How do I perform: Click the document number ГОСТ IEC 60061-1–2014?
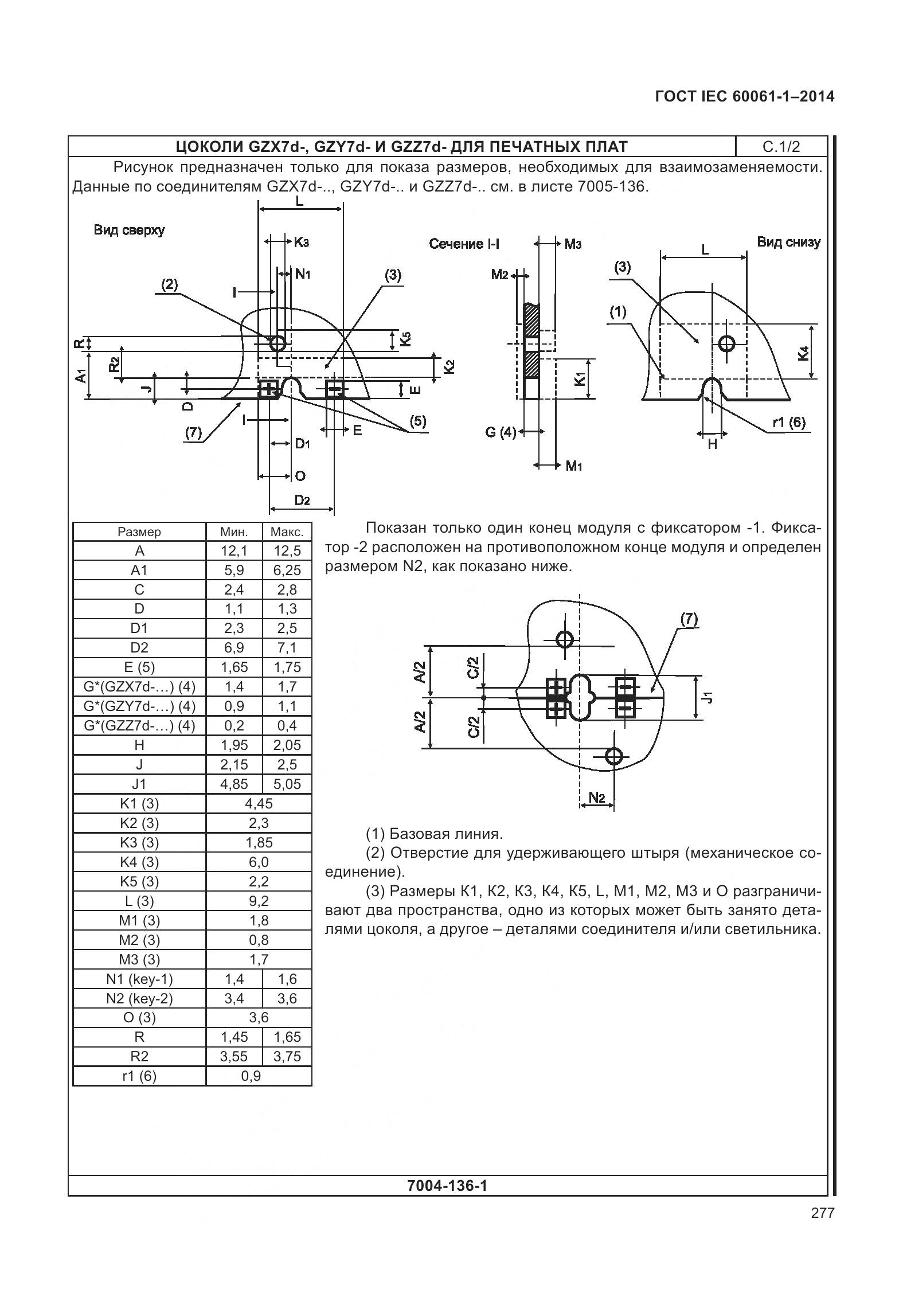pyautogui.click(x=744, y=96)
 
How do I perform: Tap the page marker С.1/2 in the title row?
pyautogui.click(x=781, y=147)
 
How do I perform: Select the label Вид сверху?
pyautogui.click(x=129, y=230)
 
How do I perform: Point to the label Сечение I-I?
pyautogui.click(x=464, y=244)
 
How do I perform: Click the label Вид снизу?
pyautogui.click(x=788, y=242)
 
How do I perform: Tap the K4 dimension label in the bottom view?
pyautogui.click(x=803, y=353)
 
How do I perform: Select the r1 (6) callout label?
pyautogui.click(x=789, y=423)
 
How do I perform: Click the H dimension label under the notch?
pyautogui.click(x=712, y=444)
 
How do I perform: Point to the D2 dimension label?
pyautogui.click(x=302, y=500)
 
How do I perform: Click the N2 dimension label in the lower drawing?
pyautogui.click(x=597, y=798)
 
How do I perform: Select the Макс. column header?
pyautogui.click(x=287, y=532)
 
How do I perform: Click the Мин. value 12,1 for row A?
pyautogui.click(x=234, y=551)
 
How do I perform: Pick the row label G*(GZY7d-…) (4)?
pyautogui.click(x=139, y=706)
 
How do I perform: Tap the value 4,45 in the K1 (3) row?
pyautogui.click(x=259, y=803)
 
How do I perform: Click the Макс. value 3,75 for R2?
pyautogui.click(x=287, y=1056)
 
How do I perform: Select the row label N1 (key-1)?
pyautogui.click(x=139, y=979)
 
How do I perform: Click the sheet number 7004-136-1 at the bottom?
pyautogui.click(x=447, y=1185)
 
